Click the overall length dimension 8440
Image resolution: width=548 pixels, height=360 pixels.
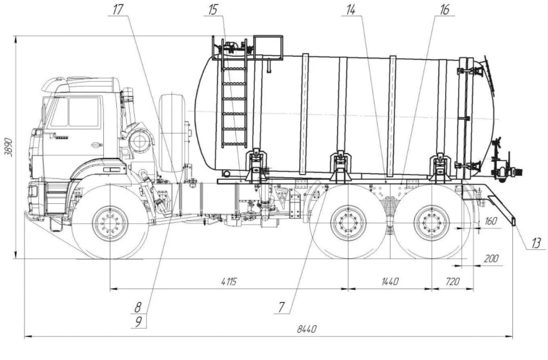pyautogui.click(x=307, y=329)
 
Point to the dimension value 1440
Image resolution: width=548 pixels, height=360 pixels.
pyautogui.click(x=389, y=282)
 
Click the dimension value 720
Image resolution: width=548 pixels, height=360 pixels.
pyautogui.click(x=453, y=282)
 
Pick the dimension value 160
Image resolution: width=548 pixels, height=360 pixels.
pyautogui.click(x=491, y=221)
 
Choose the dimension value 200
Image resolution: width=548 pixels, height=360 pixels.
pyautogui.click(x=491, y=259)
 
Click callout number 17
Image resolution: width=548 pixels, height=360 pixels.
pyautogui.click(x=118, y=9)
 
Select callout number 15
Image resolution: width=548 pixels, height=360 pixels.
pyautogui.click(x=213, y=9)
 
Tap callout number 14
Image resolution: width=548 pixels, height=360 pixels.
pyautogui.click(x=351, y=10)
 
